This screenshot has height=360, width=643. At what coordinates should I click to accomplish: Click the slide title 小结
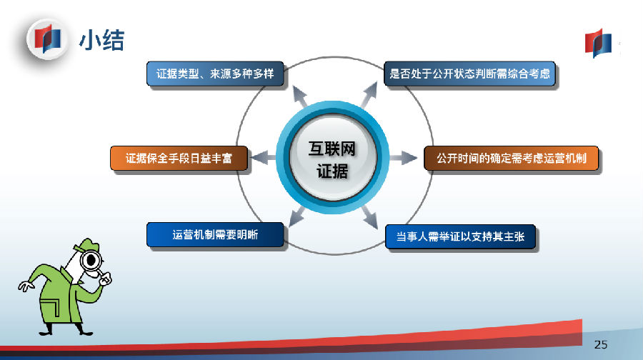point(101,40)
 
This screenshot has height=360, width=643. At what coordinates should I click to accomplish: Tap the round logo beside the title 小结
point(47,39)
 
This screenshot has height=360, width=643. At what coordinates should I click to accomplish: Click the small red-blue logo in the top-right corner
point(598,43)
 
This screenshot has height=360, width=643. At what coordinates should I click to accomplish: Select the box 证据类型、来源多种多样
point(215,74)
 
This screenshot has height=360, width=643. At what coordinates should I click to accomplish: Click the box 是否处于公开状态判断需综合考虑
point(469,74)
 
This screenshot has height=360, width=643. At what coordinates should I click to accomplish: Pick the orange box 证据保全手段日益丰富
point(179,159)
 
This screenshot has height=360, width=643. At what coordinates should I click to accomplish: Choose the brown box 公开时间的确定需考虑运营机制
point(511,159)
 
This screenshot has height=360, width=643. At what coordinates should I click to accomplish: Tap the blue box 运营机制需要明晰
point(215,234)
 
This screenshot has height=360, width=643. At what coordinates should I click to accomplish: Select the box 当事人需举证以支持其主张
point(460,236)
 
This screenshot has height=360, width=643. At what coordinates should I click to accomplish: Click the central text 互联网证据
point(332,160)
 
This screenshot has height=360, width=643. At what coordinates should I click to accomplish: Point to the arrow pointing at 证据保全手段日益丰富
point(263,157)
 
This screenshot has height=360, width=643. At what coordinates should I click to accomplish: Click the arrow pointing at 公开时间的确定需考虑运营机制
point(403,158)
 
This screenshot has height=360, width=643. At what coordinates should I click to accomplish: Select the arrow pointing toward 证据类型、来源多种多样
point(301,97)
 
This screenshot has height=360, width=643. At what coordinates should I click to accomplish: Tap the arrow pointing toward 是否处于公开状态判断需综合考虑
point(369,95)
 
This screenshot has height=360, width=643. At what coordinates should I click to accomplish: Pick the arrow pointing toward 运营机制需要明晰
point(297,216)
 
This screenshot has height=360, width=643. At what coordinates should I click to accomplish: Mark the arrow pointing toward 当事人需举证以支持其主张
point(369,217)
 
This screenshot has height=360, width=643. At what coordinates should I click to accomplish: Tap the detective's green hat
point(87,245)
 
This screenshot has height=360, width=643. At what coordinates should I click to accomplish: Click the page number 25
point(601,345)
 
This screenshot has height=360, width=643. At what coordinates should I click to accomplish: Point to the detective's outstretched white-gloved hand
point(26,286)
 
